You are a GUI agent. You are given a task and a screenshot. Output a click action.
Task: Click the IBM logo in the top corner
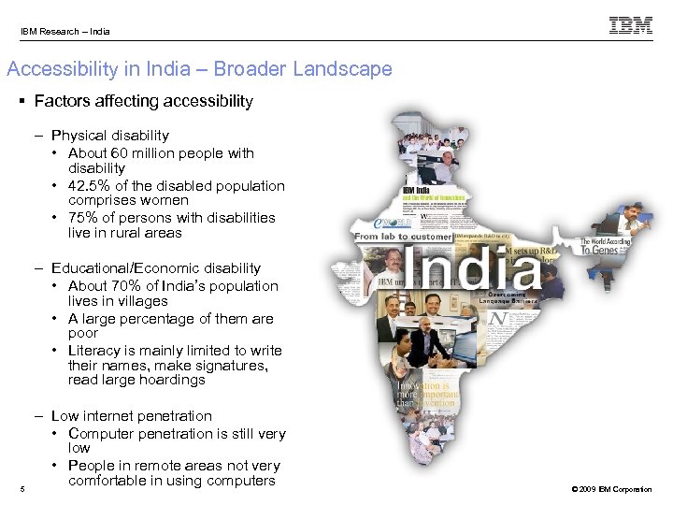coord(631,26)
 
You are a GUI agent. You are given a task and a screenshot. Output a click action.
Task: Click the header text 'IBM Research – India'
coord(65,32)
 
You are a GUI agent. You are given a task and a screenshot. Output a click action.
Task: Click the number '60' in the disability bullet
coord(119,152)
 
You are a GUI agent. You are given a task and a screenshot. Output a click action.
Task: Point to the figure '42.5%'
coord(87,185)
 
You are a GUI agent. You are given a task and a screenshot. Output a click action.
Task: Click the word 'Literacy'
coord(93,350)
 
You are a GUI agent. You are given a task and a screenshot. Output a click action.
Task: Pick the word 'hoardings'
coord(174,380)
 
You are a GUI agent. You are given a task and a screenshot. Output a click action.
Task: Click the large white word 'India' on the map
coord(474,269)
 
